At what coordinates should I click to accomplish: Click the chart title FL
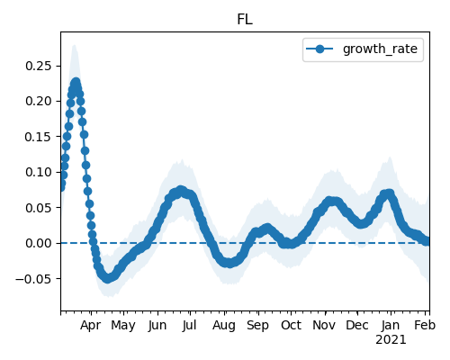[x=245, y=20]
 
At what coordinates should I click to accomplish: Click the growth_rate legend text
[x=380, y=49]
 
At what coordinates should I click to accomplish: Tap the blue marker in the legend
[x=319, y=49]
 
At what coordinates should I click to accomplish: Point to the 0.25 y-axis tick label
[x=39, y=66]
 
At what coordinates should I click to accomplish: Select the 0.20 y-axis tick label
[x=39, y=101]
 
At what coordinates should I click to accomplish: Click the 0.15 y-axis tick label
[x=39, y=137]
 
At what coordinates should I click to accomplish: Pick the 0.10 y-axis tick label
[x=39, y=172]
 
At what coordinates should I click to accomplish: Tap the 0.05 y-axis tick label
[x=39, y=208]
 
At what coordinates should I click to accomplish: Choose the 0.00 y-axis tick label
[x=39, y=243]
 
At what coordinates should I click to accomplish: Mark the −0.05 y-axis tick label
[x=33, y=279]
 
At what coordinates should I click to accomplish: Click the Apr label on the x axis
[x=91, y=326]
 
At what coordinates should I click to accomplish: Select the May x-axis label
[x=123, y=326]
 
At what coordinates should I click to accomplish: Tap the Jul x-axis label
[x=190, y=326]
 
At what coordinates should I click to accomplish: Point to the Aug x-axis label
[x=224, y=326]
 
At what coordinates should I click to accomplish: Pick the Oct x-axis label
[x=291, y=326]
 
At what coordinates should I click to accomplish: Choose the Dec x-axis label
[x=357, y=326]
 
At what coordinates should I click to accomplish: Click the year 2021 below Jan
[x=391, y=340]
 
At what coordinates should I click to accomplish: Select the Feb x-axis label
[x=425, y=326]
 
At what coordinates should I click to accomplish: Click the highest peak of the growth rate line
[x=76, y=82]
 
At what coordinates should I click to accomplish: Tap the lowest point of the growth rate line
[x=108, y=278]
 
